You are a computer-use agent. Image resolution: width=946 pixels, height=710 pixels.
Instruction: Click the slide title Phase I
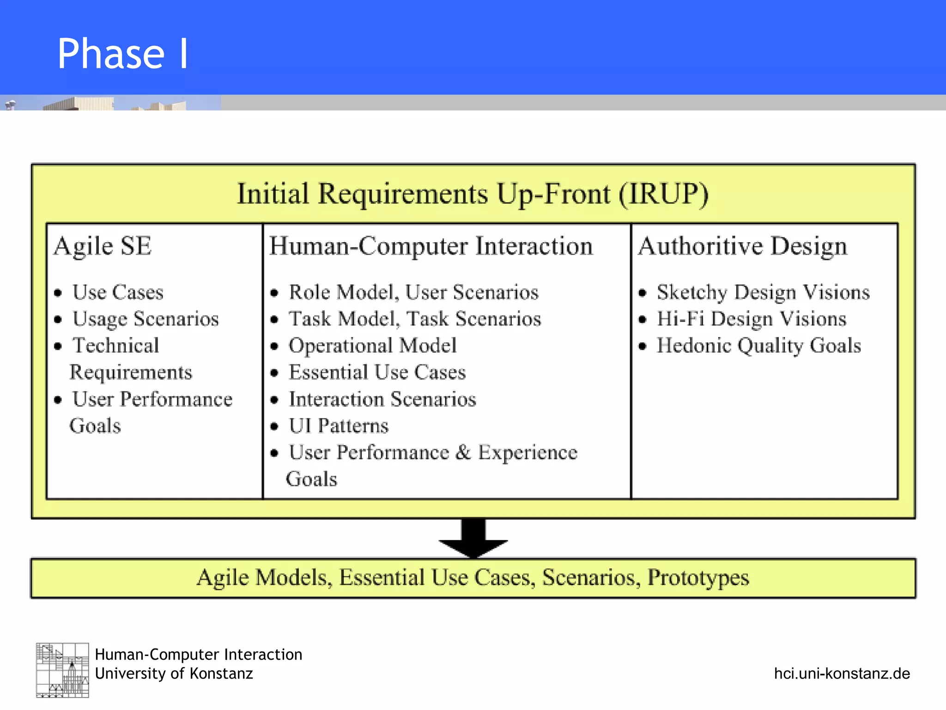(122, 54)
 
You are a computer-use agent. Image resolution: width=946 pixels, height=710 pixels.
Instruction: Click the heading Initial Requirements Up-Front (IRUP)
(473, 194)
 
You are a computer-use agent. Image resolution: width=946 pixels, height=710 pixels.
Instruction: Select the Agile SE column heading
(103, 246)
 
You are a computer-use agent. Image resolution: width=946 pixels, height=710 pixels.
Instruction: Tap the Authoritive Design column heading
(742, 246)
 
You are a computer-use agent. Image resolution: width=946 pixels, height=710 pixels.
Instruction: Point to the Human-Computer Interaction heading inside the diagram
(431, 246)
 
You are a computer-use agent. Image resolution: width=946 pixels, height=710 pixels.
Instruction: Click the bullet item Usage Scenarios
(145, 319)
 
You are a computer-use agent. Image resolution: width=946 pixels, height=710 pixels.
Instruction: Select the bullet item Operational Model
(372, 346)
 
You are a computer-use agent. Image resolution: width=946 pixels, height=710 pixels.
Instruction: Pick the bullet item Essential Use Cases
(377, 373)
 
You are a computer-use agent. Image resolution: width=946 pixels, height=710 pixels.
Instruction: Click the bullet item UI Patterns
(338, 426)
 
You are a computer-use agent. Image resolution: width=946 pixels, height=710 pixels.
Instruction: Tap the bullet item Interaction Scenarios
(382, 399)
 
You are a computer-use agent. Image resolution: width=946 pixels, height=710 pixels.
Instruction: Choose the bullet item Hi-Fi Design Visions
(751, 319)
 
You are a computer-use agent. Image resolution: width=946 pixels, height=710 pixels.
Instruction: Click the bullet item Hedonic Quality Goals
(758, 346)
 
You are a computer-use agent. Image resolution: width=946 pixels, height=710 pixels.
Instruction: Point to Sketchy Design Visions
(763, 292)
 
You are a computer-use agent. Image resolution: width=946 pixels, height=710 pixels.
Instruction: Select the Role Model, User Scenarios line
(413, 292)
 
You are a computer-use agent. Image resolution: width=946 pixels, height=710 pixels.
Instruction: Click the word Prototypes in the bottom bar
(697, 578)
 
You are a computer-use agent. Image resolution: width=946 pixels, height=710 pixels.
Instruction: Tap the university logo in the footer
(62, 670)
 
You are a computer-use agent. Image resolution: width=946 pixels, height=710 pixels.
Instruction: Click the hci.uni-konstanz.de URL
(842, 673)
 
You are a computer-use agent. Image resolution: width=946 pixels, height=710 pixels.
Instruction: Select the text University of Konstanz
(174, 673)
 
